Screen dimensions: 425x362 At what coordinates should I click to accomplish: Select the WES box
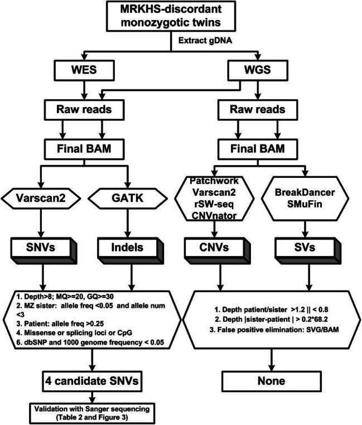click(84, 69)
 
